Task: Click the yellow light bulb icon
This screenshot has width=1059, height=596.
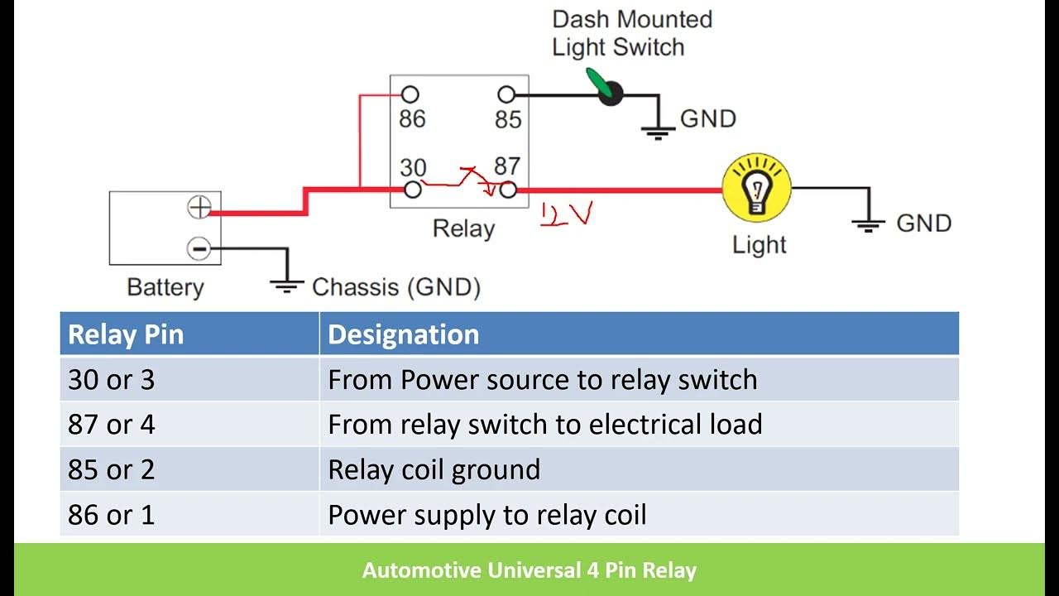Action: tap(756, 188)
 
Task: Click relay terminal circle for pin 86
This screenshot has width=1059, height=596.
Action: tap(410, 94)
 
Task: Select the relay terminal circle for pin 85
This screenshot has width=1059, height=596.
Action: tap(507, 94)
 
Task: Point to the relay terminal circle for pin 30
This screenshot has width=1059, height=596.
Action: tap(413, 190)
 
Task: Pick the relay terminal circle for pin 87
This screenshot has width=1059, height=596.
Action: tap(508, 190)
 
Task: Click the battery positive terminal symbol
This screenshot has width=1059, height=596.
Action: tap(199, 207)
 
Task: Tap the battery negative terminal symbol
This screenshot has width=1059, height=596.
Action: tap(199, 248)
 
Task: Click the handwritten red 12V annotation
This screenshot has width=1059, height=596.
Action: tap(567, 215)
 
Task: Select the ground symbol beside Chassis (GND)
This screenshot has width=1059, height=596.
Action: tap(286, 286)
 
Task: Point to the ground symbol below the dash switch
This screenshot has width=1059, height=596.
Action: tap(658, 129)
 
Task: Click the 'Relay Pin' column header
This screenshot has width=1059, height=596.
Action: tap(126, 334)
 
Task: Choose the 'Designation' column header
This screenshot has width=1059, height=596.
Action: tap(404, 334)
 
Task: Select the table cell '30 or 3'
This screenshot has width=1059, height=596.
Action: tap(111, 380)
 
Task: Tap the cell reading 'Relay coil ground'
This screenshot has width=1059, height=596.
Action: tap(434, 469)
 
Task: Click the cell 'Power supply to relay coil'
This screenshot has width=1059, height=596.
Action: tap(486, 515)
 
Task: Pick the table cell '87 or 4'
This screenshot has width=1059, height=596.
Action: tap(111, 425)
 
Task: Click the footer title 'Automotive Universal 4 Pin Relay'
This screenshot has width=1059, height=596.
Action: tap(529, 570)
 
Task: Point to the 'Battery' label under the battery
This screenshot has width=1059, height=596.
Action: tap(165, 287)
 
